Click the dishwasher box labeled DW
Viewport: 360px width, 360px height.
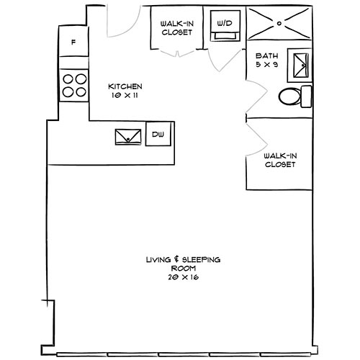click(157, 134)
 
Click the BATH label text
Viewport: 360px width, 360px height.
click(266, 56)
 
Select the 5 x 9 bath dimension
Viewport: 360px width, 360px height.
click(266, 66)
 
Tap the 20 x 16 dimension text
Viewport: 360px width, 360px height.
click(182, 276)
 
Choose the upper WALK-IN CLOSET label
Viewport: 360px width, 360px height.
click(176, 27)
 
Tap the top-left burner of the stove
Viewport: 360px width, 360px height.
click(67, 79)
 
